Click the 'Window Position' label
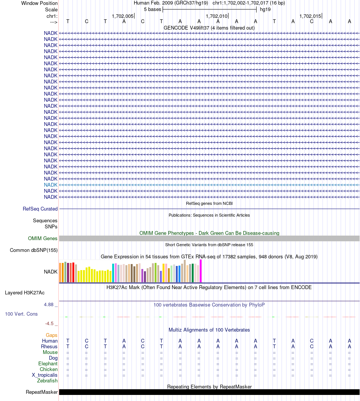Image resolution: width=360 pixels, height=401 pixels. [39, 3]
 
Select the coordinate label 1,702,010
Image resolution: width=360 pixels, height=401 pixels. [216, 16]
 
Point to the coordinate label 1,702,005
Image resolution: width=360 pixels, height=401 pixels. [123, 16]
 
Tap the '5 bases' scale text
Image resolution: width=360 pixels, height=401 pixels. [152, 9]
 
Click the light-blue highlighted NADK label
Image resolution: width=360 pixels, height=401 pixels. [51, 185]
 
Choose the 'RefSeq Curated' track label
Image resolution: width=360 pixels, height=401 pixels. [40, 209]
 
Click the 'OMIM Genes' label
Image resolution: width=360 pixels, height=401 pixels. [43, 239]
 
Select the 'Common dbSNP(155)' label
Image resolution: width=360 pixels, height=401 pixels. [34, 250]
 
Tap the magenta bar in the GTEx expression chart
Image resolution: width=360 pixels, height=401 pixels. [201, 271]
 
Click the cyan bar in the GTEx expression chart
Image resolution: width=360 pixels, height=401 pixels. [113, 273]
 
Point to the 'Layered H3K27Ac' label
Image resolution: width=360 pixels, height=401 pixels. [25, 292]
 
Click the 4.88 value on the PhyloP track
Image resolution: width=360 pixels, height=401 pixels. [50, 305]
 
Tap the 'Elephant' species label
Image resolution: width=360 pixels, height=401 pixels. [48, 363]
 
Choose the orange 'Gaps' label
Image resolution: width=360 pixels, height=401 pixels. [52, 335]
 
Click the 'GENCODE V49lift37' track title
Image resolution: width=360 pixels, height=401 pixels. [209, 28]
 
